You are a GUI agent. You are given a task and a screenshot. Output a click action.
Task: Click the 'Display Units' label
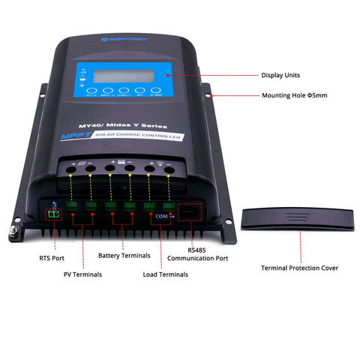click(282, 75)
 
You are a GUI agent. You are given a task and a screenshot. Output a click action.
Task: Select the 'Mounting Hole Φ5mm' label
click(294, 96)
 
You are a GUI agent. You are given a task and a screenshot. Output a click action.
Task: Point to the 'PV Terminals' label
click(82, 274)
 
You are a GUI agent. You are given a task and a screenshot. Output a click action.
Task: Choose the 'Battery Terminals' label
click(124, 256)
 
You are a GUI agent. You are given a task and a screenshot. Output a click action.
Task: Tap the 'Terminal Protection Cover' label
click(299, 268)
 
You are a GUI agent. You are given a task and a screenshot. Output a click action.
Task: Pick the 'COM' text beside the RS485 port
click(161, 215)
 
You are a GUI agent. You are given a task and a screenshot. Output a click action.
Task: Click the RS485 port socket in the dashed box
click(190, 214)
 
